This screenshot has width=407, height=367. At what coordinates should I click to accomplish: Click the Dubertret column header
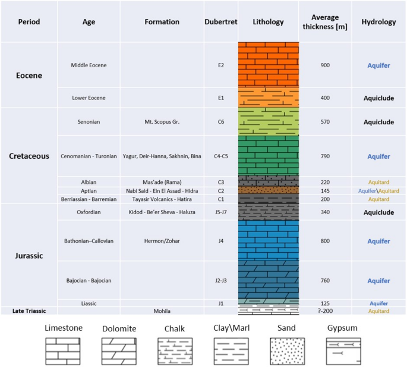[221, 22]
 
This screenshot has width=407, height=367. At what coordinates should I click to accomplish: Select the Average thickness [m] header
[325, 22]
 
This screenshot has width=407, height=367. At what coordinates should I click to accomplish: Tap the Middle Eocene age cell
[89, 65]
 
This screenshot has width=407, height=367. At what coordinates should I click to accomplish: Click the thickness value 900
[325, 65]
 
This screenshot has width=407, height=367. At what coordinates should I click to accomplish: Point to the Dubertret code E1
[221, 98]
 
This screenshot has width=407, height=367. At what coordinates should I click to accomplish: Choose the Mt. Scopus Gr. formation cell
[162, 122]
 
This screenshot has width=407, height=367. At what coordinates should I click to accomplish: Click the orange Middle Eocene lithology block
[269, 64]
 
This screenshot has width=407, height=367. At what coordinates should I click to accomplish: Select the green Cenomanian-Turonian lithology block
[269, 155]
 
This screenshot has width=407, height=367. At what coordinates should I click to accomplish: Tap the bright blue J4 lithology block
[269, 240]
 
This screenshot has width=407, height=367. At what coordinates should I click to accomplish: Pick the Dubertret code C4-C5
[221, 156]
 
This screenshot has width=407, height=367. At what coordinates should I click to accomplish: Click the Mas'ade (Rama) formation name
[162, 182]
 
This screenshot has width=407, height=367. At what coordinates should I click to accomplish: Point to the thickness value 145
[325, 191]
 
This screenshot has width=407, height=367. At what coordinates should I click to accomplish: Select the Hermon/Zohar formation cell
[162, 241]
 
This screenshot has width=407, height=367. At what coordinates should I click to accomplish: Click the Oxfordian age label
[89, 212]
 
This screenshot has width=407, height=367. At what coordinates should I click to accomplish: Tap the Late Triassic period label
[29, 311]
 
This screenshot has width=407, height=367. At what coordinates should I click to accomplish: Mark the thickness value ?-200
[325, 311]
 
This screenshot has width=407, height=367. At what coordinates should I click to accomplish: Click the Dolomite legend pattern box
[119, 351]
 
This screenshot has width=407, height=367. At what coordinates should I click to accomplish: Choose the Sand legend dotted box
[288, 351]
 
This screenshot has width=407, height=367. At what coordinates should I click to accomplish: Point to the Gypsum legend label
[342, 328]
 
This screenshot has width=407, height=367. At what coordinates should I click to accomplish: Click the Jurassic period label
[29, 256]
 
